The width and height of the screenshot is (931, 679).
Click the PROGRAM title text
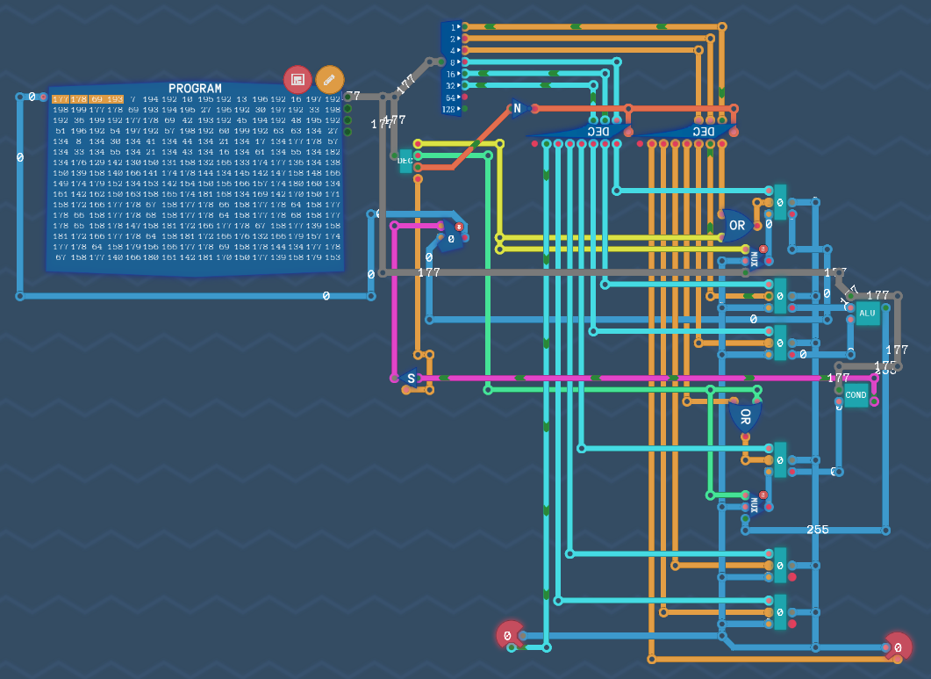(x=195, y=88)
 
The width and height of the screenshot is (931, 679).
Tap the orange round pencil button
(x=329, y=79)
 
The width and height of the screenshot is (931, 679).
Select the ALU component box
(x=867, y=314)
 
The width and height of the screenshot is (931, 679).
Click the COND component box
(x=856, y=395)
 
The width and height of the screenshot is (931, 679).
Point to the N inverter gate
(x=518, y=109)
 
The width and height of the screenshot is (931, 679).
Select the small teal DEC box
(x=405, y=160)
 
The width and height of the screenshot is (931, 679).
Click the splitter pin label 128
(x=449, y=110)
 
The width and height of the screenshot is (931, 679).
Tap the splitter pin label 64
(x=451, y=98)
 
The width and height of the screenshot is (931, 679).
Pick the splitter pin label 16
(x=451, y=74)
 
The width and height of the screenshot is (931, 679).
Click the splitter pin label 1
(x=453, y=27)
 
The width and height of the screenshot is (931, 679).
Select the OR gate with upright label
(x=735, y=226)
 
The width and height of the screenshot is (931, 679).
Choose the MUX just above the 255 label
(x=755, y=505)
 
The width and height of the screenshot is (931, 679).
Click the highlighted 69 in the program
(x=97, y=99)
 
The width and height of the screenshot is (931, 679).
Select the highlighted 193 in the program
(x=115, y=99)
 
